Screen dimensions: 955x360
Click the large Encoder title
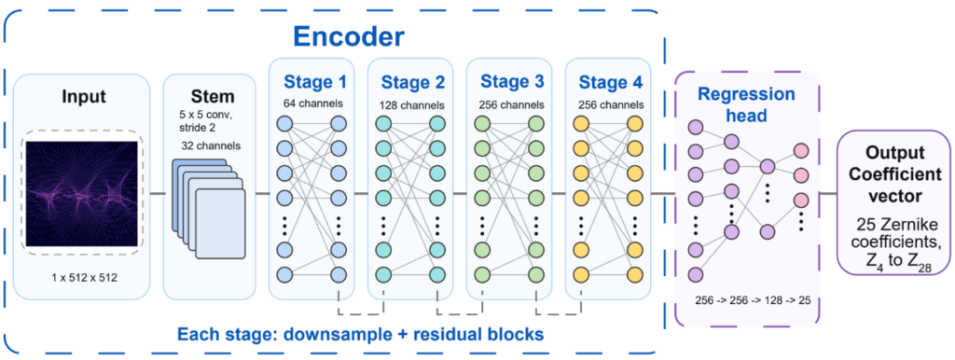[x=349, y=37]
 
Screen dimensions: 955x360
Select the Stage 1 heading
[x=311, y=81]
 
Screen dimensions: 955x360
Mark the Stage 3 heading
[x=510, y=81]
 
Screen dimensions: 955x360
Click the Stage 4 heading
[x=609, y=81]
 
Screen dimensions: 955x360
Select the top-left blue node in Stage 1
[x=284, y=124]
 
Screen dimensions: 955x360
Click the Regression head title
[x=745, y=103]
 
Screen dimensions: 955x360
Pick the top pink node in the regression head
[x=800, y=150]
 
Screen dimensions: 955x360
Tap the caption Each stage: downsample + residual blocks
[x=360, y=335]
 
